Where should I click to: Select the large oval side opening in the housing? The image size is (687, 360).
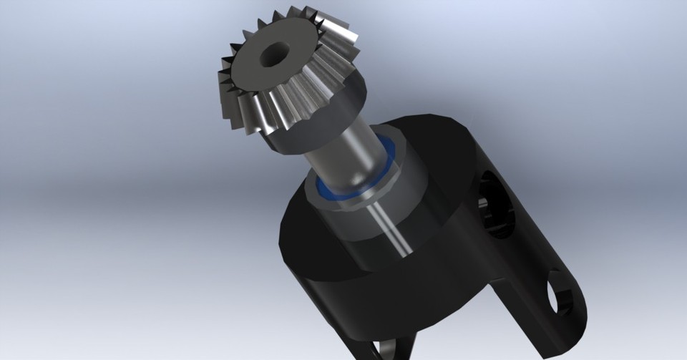click(x=496, y=203)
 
